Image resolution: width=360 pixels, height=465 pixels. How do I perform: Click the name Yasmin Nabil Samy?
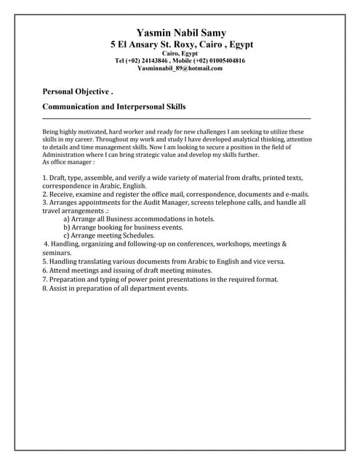pos(181,33)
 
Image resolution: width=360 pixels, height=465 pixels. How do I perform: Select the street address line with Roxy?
pos(181,44)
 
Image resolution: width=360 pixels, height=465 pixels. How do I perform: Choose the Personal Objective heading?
pos(78,92)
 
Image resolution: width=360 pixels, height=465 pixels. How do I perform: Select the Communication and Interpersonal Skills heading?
pos(114,107)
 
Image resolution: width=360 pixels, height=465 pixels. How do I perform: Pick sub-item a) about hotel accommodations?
pos(139,219)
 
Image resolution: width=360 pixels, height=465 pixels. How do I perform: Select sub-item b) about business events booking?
pos(123,227)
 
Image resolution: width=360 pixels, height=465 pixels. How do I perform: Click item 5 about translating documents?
pos(164,261)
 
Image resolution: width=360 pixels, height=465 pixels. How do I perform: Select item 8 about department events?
pos(116,288)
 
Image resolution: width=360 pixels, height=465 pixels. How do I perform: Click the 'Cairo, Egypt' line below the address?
pos(180,54)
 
